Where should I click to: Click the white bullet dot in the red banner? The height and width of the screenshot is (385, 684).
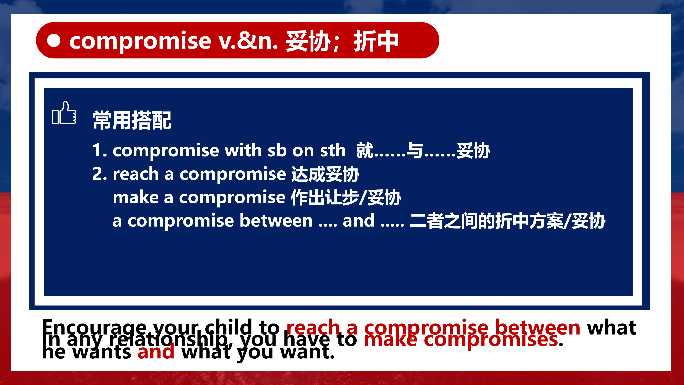tap(54, 40)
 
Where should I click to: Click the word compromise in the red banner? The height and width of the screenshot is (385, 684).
tap(140, 41)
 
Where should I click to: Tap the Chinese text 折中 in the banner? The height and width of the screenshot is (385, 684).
tap(376, 41)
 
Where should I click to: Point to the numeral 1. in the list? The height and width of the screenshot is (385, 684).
tap(100, 150)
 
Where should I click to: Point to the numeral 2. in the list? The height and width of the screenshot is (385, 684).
tap(100, 174)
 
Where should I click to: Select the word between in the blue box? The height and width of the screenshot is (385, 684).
tap(276, 221)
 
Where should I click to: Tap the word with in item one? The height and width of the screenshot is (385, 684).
tap(243, 150)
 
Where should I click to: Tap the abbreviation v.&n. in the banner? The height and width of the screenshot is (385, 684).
tap(248, 41)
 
